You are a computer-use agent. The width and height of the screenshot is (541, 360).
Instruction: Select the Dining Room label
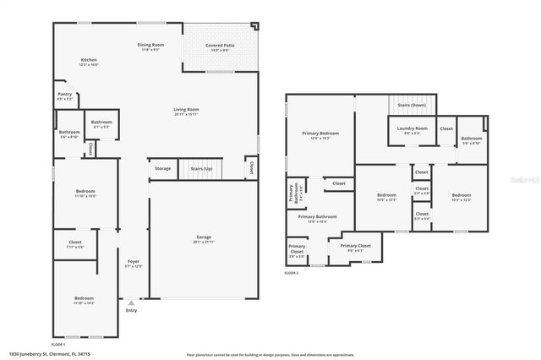(150, 46)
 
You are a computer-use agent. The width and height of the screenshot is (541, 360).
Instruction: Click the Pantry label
(64, 95)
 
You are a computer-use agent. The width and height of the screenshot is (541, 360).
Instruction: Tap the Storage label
(162, 169)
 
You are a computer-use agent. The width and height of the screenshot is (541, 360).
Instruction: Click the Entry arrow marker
(131, 303)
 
